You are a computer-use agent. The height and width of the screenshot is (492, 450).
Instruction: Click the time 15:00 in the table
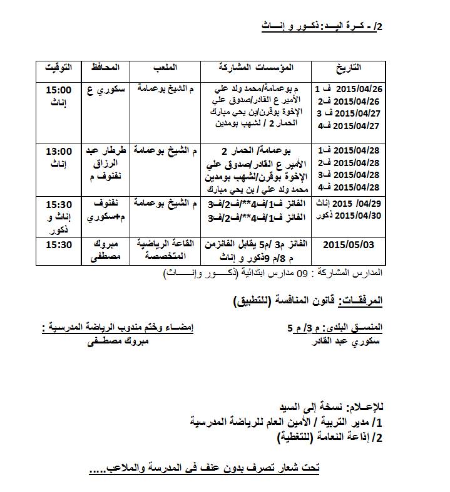click(59, 89)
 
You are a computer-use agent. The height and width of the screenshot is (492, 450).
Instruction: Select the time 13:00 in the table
click(59, 152)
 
